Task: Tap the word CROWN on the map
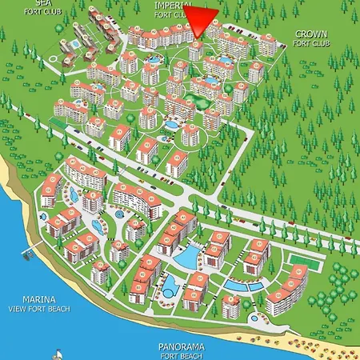310,34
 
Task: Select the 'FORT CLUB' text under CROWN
310,43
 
